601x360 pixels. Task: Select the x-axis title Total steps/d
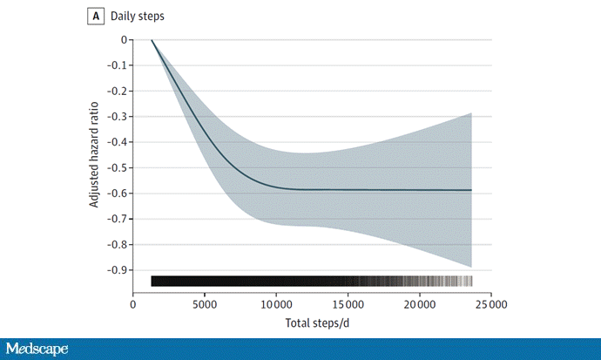[x=311, y=324]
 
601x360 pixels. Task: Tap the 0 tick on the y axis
[x=124, y=40]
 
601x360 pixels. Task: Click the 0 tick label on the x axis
[x=133, y=304]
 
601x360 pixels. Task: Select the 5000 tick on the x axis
[x=205, y=304]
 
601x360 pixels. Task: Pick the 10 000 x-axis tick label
[x=276, y=304]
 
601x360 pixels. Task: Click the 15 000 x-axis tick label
[x=348, y=304]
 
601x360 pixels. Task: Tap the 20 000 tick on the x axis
[x=419, y=304]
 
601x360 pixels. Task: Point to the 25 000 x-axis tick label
[x=490, y=304]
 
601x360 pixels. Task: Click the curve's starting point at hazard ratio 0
[x=152, y=40]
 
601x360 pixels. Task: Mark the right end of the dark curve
[x=471, y=190]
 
